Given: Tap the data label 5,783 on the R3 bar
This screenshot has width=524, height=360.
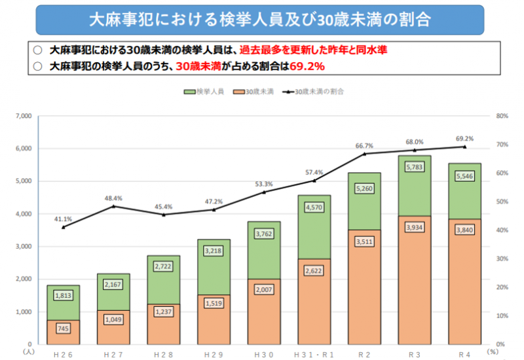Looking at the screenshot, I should pyautogui.click(x=414, y=168).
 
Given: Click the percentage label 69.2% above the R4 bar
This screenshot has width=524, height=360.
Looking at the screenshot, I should pyautogui.click(x=464, y=139).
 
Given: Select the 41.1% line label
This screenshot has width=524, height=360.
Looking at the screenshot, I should pyautogui.click(x=64, y=219).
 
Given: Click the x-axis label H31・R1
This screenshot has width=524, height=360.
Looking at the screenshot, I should pyautogui.click(x=314, y=354).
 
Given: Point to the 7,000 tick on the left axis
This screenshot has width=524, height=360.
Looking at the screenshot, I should pyautogui.click(x=23, y=117).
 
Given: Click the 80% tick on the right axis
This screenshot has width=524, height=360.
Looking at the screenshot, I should pyautogui.click(x=503, y=117).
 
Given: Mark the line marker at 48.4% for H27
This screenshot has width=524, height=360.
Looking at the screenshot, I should pyautogui.click(x=113, y=206).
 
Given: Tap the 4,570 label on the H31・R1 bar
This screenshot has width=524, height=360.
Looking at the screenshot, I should pyautogui.click(x=314, y=207).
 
